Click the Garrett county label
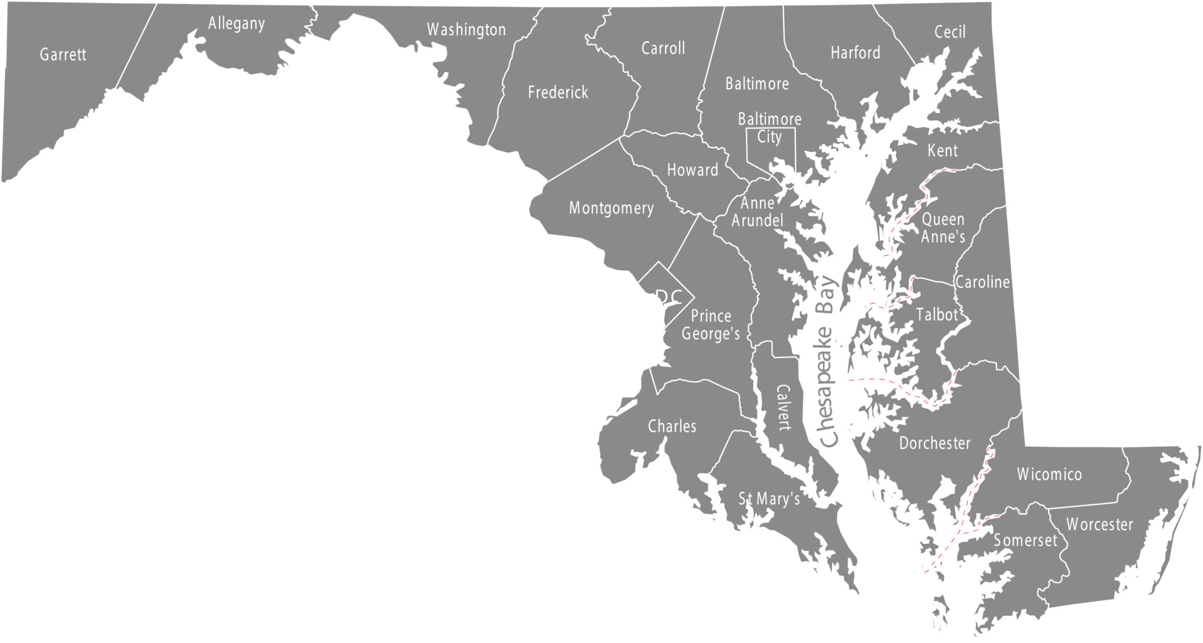(63, 55)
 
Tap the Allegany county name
(236, 23)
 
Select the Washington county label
(466, 29)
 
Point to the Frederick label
(557, 92)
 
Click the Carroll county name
(663, 48)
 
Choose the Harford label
(855, 53)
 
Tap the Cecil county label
(949, 32)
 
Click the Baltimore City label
(769, 127)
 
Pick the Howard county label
(692, 170)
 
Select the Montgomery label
(611, 208)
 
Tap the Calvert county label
(784, 408)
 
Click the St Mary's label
(769, 499)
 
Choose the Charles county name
(671, 426)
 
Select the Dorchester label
(934, 443)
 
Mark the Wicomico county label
(1049, 474)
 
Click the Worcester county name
(1099, 524)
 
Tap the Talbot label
(937, 315)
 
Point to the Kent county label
(942, 151)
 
